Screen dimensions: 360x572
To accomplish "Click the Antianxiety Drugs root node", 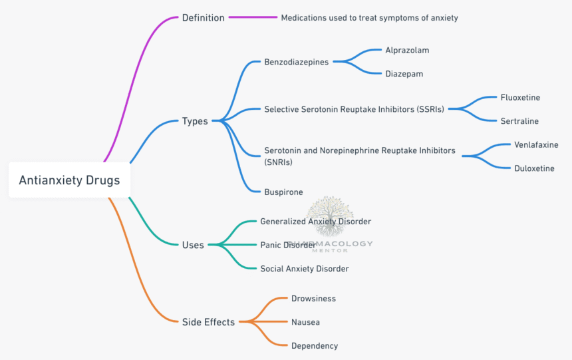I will pos(69,180).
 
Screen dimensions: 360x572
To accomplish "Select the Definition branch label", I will pos(203,18).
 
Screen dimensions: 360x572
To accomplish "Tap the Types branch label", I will pos(195,121).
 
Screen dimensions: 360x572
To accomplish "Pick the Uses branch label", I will pos(193,245).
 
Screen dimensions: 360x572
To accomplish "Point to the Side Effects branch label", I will pos(208,322).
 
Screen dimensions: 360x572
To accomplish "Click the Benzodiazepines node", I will pos(296,62).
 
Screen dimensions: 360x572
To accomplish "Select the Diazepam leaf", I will pos(404,74).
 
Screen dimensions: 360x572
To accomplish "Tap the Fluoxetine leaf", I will pos(520,97).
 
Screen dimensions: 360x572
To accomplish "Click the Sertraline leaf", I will pos(519,121).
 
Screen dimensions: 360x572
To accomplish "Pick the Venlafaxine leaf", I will pos(535,144).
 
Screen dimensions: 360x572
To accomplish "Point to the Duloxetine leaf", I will pos(534,168).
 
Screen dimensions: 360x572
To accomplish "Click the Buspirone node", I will pos(283,192).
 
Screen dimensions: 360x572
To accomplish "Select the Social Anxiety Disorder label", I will pos(304,268).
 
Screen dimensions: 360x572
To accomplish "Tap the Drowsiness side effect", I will pos(313,298).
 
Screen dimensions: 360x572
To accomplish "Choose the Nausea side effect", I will pos(305,322).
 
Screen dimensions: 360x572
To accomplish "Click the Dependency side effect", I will pos(314,345).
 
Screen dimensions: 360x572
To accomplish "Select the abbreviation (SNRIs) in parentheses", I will pos(278,162).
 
